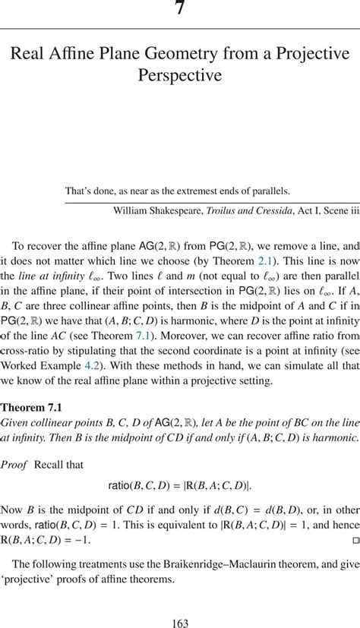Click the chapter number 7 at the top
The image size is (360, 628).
(180, 9)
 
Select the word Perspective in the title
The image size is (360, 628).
(180, 76)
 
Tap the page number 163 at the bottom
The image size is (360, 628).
(180, 623)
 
